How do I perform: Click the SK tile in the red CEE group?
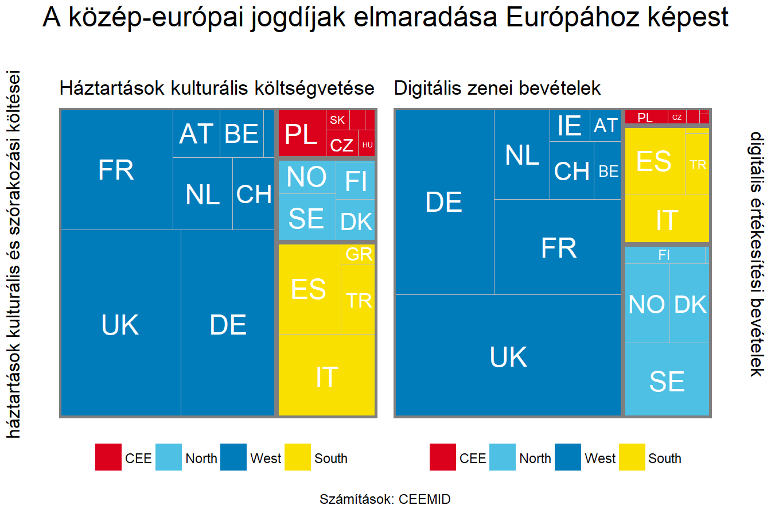337,120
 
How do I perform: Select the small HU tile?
367,145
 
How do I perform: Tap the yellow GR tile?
359,254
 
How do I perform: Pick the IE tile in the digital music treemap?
570,125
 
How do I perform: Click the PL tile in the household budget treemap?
302,134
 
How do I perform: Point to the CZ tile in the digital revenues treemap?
677,117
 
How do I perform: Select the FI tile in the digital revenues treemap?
664,255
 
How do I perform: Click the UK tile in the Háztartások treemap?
120,324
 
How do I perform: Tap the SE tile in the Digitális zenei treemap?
667,380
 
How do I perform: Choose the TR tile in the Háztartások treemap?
359,300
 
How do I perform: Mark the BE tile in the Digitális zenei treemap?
608,171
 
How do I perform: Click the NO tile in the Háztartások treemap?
306,177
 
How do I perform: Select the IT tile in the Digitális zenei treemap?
667,220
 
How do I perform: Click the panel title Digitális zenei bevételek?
497,88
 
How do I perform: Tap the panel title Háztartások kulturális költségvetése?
217,88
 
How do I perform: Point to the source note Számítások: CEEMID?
385,499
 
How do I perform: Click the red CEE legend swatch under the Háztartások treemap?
108,457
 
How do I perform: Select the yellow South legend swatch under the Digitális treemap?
632,457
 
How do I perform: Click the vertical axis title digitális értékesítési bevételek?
757,254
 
